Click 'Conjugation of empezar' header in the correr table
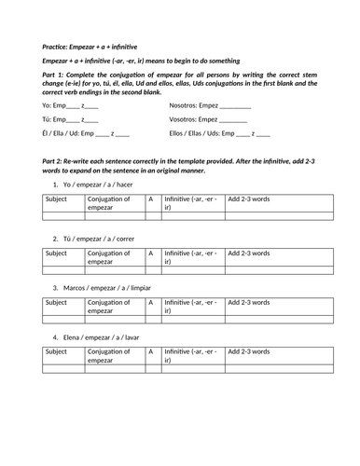111,257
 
